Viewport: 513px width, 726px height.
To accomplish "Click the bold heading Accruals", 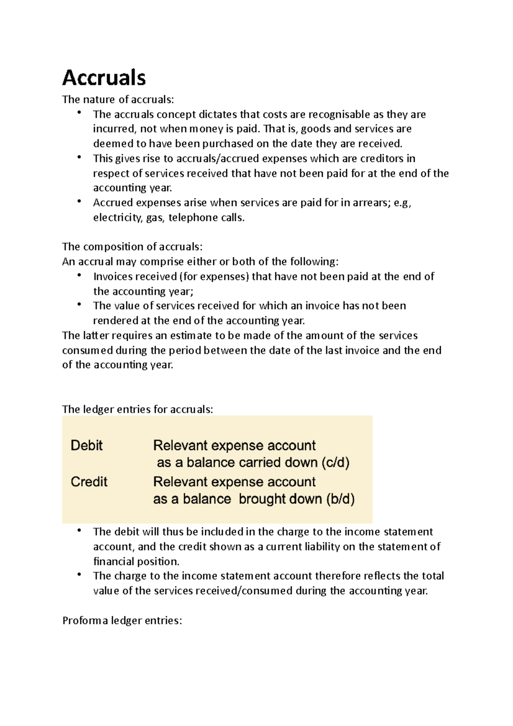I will tap(104, 78).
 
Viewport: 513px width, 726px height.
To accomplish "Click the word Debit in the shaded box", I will tap(86, 446).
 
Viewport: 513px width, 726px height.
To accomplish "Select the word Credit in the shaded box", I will tap(89, 482).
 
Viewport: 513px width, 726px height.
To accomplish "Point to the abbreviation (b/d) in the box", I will tap(340, 499).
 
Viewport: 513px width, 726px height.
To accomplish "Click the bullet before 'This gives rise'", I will tap(79, 157).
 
